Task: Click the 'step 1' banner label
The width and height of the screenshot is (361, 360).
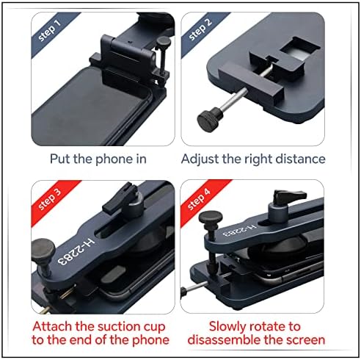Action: [x=50, y=30]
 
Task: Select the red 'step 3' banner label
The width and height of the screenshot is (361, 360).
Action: [x=50, y=199]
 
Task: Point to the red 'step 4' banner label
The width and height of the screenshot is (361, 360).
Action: [x=199, y=199]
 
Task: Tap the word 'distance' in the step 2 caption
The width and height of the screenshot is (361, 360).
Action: [x=301, y=159]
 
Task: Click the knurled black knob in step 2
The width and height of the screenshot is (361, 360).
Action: [x=210, y=119]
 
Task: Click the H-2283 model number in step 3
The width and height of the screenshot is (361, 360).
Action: [x=76, y=251]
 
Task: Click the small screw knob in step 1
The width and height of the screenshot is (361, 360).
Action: [x=163, y=41]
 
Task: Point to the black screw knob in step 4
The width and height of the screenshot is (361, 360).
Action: [x=211, y=219]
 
